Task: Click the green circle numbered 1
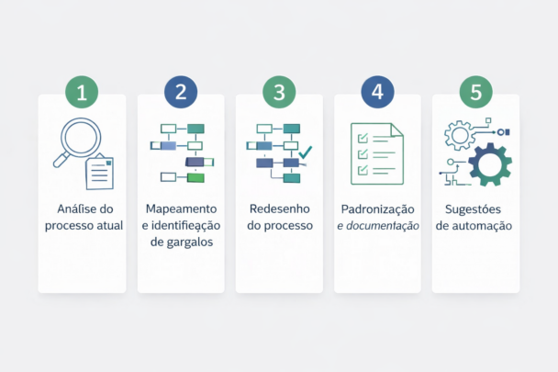click(x=82, y=92)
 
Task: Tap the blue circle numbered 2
click(x=181, y=92)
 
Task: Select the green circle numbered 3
click(x=279, y=92)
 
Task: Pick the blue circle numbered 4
click(x=377, y=92)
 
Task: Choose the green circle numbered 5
click(x=475, y=92)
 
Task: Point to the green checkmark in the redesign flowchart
click(x=306, y=151)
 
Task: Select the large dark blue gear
click(x=489, y=164)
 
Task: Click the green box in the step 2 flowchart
click(x=195, y=175)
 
